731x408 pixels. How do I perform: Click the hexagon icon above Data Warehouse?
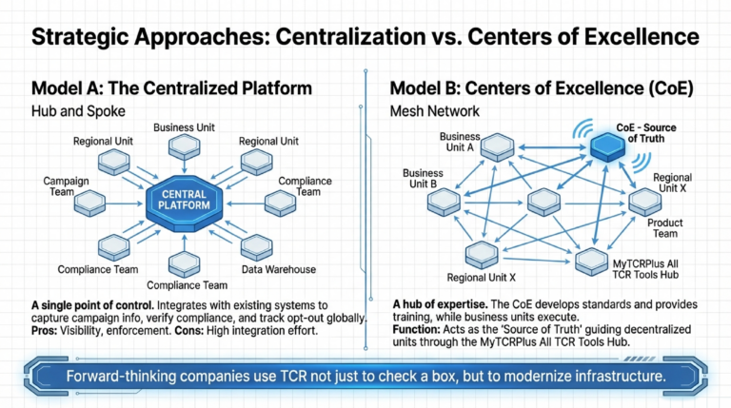(257, 245)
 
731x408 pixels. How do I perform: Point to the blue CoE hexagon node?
(607, 146)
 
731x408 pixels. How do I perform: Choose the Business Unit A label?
(460, 142)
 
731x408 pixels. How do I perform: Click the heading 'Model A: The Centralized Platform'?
(172, 88)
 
